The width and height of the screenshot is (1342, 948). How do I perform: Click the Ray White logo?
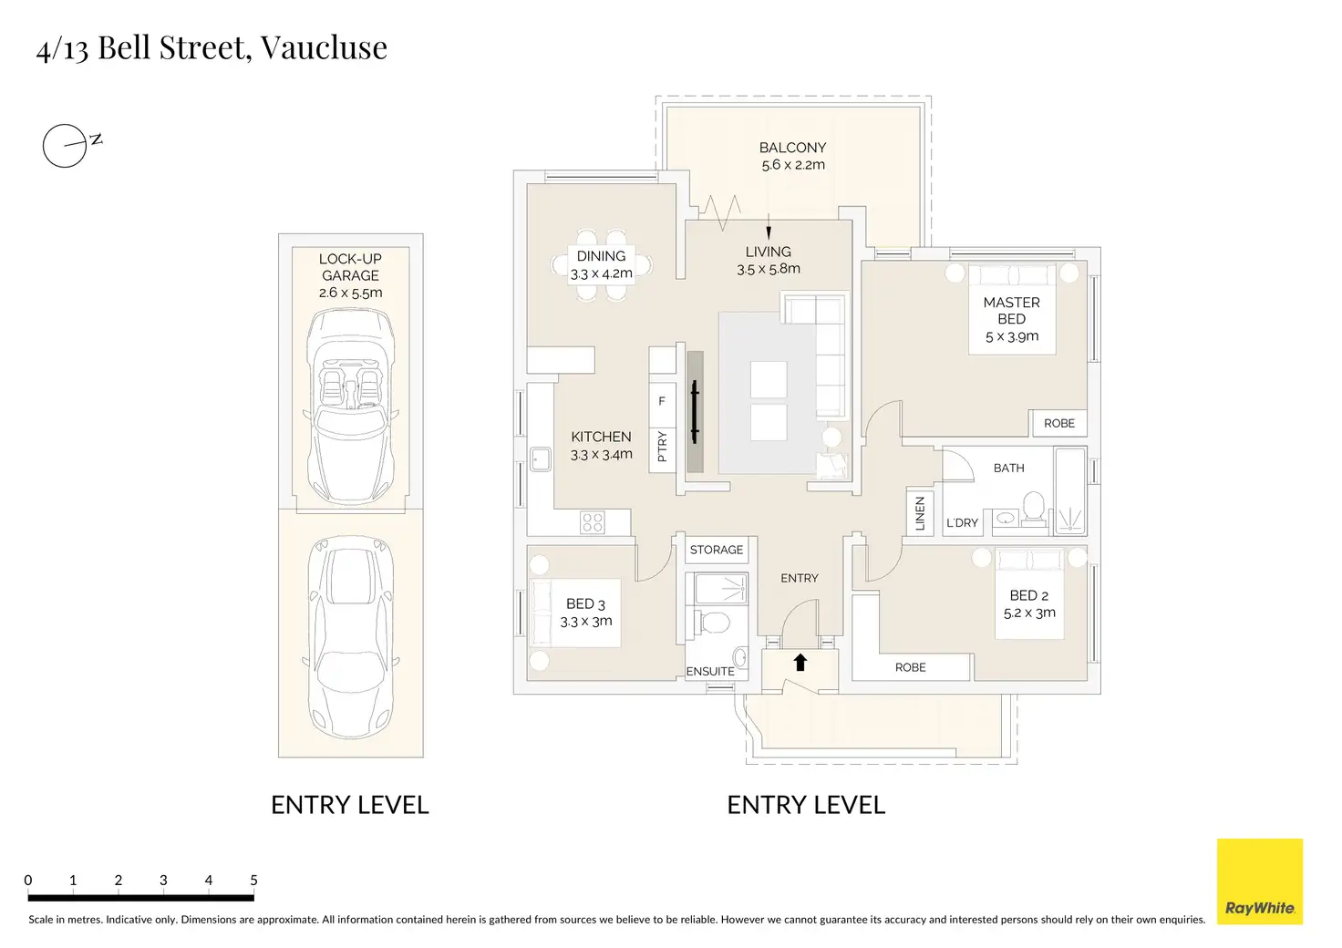pyautogui.click(x=1259, y=881)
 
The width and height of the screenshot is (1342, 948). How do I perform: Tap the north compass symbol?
pyautogui.click(x=66, y=145)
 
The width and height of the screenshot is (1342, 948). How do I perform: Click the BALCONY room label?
pyautogui.click(x=792, y=148)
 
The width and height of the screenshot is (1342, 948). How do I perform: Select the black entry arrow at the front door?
pyautogui.click(x=800, y=663)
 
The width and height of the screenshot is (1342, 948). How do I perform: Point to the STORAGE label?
pyautogui.click(x=716, y=550)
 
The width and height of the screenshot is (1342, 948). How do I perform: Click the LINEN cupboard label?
pyautogui.click(x=919, y=513)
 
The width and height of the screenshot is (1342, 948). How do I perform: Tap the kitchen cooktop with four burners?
pyautogui.click(x=593, y=522)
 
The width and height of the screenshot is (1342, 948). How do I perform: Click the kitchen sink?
pyautogui.click(x=540, y=459)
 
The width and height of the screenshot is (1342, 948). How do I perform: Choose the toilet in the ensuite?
pyautogui.click(x=714, y=623)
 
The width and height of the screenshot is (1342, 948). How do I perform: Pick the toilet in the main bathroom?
pyautogui.click(x=1034, y=507)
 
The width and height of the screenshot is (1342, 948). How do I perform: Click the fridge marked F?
pyautogui.click(x=662, y=401)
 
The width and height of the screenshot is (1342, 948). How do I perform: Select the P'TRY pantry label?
pyautogui.click(x=662, y=447)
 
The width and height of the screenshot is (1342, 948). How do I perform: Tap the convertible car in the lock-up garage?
pyautogui.click(x=351, y=406)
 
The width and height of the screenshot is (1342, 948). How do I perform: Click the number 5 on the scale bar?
pyautogui.click(x=253, y=880)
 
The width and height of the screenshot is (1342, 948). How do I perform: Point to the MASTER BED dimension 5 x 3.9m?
pyautogui.click(x=1011, y=336)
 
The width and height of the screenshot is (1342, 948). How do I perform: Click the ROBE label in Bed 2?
pyautogui.click(x=910, y=667)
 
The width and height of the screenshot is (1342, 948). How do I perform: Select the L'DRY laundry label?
pyautogui.click(x=962, y=522)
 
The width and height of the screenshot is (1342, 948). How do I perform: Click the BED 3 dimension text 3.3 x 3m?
pyautogui.click(x=585, y=622)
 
